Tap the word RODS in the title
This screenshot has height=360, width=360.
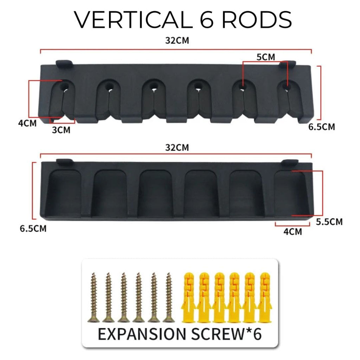pyautogui.click(x=257, y=20)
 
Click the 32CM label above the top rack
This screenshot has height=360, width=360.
pyautogui.click(x=177, y=40)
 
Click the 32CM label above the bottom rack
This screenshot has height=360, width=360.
pyautogui.click(x=177, y=147)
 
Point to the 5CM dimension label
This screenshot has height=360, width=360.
pyautogui.click(x=266, y=57)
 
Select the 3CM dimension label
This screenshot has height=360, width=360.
pyautogui.click(x=61, y=130)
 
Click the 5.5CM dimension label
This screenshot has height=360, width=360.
pyautogui.click(x=329, y=222)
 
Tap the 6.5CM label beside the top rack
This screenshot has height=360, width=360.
pyautogui.click(x=322, y=127)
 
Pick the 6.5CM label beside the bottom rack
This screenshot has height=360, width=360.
pyautogui.click(x=33, y=229)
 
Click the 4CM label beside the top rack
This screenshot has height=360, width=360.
pyautogui.click(x=27, y=123)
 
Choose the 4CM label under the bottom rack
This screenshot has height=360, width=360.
pyautogui.click(x=293, y=232)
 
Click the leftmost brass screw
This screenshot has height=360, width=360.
pyautogui.click(x=94, y=297)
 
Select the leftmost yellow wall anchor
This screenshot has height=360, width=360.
pyautogui.click(x=189, y=297)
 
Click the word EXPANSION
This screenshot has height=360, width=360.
pyautogui.click(x=142, y=334)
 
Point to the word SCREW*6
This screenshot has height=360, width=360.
pyautogui.click(x=226, y=334)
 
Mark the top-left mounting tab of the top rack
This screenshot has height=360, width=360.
pyautogui.click(x=64, y=64)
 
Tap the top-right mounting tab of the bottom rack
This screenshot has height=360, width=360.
pyautogui.click(x=290, y=162)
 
